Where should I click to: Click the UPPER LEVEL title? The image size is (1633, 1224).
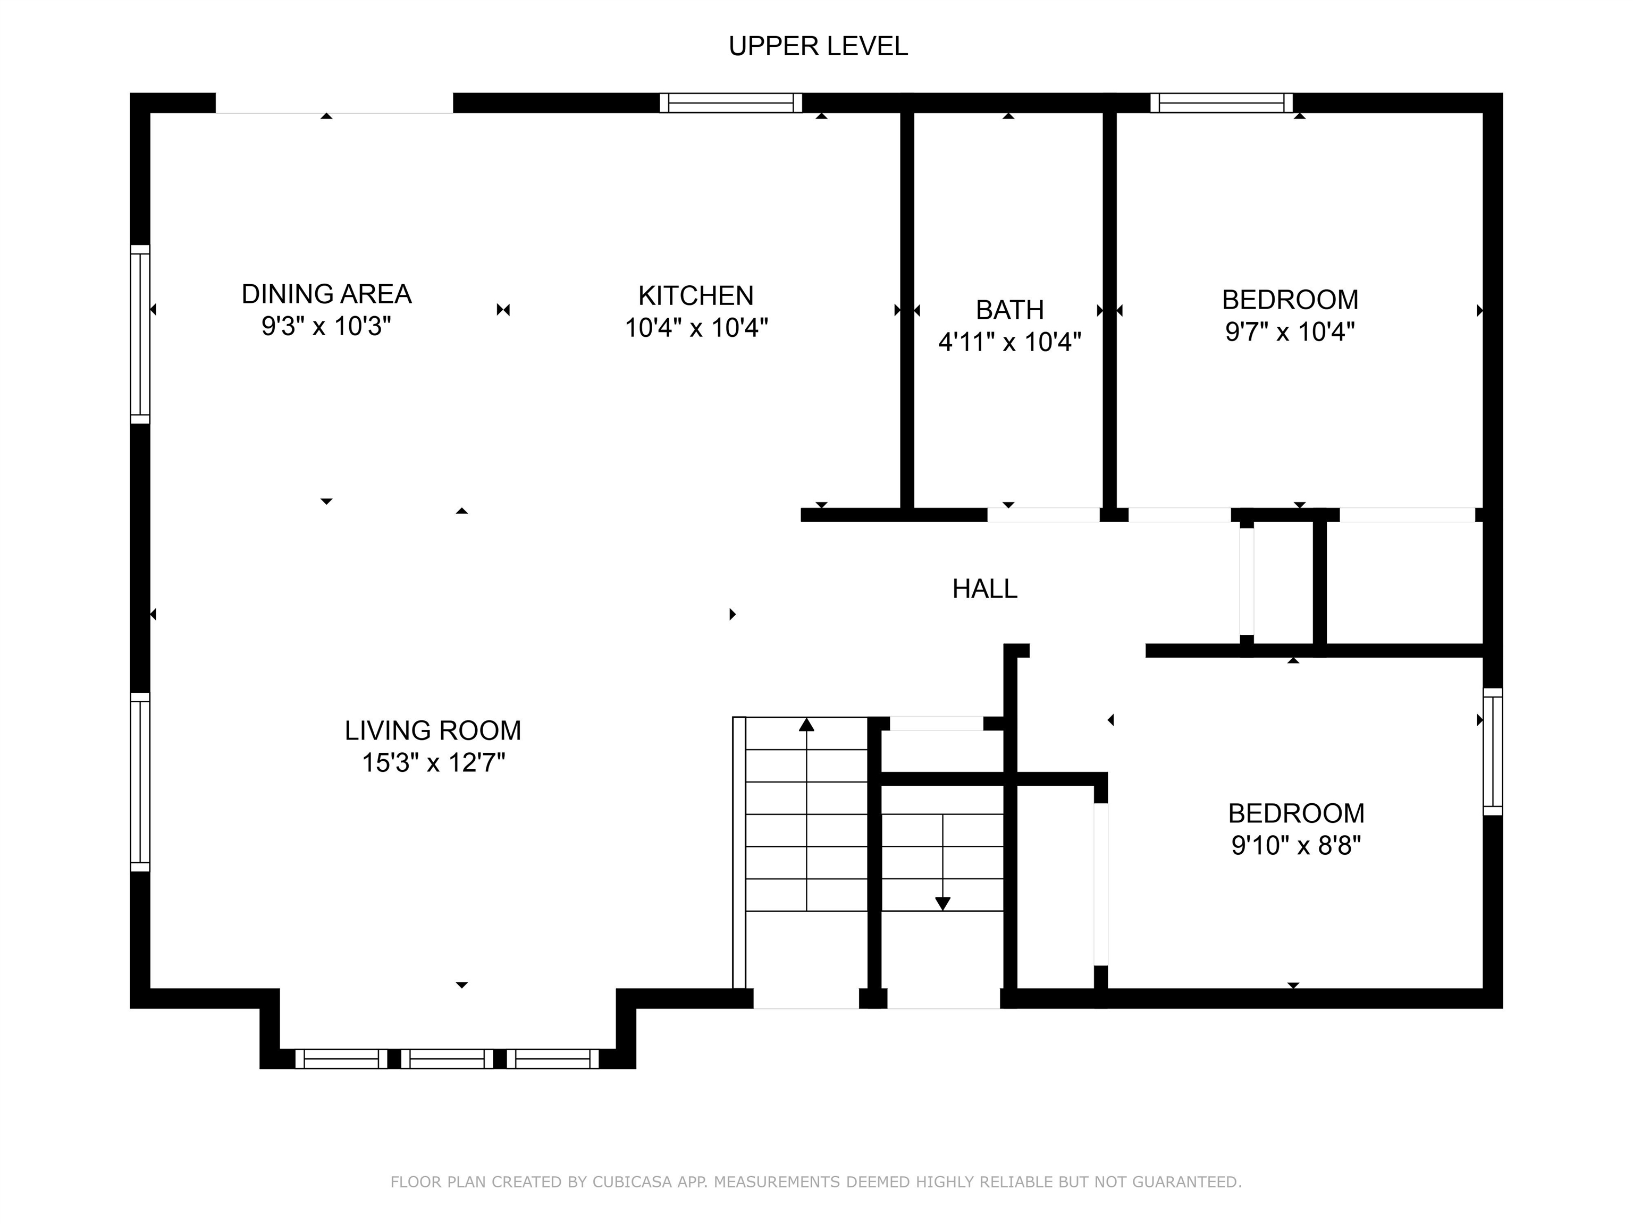pos(818,46)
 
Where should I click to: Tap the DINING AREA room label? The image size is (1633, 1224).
pos(326,294)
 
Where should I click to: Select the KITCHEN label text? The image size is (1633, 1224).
pos(696,296)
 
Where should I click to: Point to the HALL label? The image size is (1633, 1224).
pos(985,589)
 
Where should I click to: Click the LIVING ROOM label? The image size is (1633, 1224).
pos(433,730)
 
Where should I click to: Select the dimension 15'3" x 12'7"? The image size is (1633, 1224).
pos(433,762)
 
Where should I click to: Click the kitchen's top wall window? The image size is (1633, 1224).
pos(731,103)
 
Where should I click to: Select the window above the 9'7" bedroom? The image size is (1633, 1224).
pos(1222,103)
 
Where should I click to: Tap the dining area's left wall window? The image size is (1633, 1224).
pos(140,334)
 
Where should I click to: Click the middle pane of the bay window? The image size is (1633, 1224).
pos(448,1059)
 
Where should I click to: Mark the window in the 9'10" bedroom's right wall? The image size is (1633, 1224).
pos(1493,752)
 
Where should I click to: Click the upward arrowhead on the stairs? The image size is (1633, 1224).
pos(807,725)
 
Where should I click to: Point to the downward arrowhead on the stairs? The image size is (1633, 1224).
pos(942,904)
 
